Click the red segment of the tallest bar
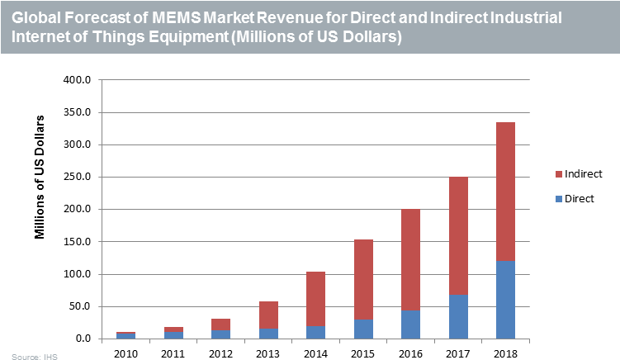coord(505,191)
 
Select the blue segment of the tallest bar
coord(505,299)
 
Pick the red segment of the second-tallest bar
coord(458,235)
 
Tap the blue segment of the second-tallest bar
coord(458,316)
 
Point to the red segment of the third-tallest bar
coord(410,259)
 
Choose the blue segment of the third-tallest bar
coord(410,324)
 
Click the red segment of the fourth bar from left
coord(268,315)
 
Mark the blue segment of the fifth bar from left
coord(315,332)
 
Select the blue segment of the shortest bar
coord(125,336)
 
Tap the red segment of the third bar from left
coord(220,324)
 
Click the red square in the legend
coord(559,174)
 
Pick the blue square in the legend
coord(559,199)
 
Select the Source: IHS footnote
coord(29,356)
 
